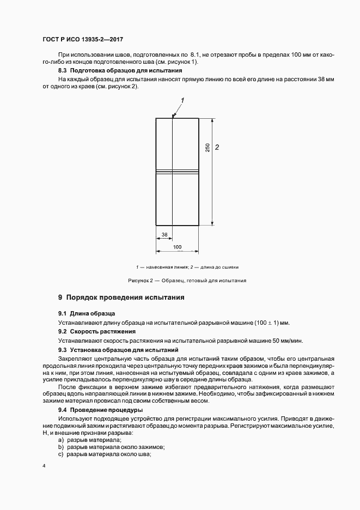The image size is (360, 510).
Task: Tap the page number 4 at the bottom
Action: point(44,466)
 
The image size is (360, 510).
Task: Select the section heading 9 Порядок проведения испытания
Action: point(121,297)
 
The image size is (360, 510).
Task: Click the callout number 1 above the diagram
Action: point(182,100)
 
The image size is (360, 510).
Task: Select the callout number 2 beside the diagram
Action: point(217,147)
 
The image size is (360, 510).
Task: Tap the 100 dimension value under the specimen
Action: point(178,247)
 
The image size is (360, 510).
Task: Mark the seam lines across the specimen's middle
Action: point(178,172)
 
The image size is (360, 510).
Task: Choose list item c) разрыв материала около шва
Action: point(105,454)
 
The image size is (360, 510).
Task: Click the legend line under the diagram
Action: point(187,267)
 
